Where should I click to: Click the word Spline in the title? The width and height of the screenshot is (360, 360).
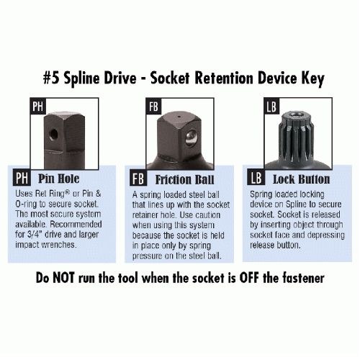pyautogui.click(x=81, y=79)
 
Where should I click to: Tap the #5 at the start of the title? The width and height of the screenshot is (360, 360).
pyautogui.click(x=51, y=78)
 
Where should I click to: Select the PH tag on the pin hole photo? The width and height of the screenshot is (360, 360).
pyautogui.click(x=38, y=106)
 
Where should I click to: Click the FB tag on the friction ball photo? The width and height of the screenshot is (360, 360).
pyautogui.click(x=153, y=106)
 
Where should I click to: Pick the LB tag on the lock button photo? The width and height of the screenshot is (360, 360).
pyautogui.click(x=271, y=106)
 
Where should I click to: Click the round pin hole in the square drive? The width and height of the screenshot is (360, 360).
pyautogui.click(x=53, y=134)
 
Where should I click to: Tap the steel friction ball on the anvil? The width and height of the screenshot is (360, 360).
pyautogui.click(x=192, y=138)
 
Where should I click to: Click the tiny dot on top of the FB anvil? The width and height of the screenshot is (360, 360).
pyautogui.click(x=179, y=117)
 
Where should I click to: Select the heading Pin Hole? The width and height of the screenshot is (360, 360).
pyautogui.click(x=59, y=179)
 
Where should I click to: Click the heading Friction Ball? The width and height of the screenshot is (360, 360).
pyautogui.click(x=184, y=179)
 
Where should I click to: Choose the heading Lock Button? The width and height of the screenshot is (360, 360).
pyautogui.click(x=301, y=179)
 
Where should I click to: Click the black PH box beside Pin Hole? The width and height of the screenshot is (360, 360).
pyautogui.click(x=22, y=178)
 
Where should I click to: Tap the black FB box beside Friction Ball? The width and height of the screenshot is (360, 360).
pyautogui.click(x=138, y=178)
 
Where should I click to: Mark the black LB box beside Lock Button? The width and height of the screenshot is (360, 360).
pyautogui.click(x=256, y=178)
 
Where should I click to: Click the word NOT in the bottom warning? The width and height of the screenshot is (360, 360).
pyautogui.click(x=63, y=278)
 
